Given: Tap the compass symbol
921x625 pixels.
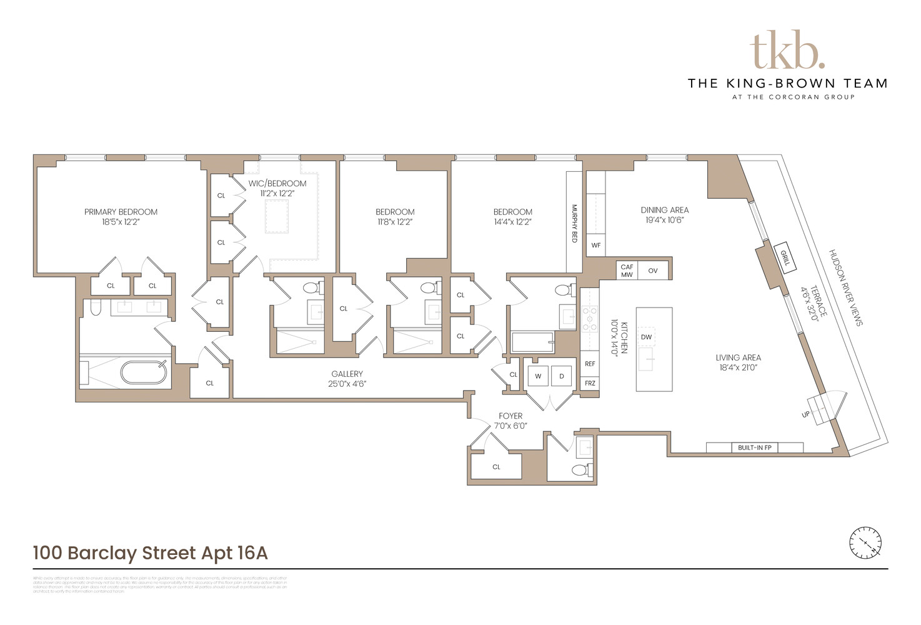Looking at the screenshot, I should tap(865, 542).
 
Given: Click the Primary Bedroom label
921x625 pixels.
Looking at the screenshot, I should tap(121, 212).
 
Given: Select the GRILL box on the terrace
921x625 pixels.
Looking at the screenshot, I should tap(785, 257).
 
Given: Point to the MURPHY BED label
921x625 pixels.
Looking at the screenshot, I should tap(574, 223).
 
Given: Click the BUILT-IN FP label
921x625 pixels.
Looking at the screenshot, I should tap(754, 447).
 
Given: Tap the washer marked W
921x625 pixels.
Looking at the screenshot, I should tap(538, 376).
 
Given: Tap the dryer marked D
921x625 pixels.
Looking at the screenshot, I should tap(562, 376).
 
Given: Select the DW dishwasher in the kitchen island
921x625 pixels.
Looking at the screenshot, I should tap(646, 337).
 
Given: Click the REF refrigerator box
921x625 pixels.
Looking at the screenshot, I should tap(590, 364).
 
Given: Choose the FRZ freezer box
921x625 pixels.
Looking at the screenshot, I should tap(590, 383).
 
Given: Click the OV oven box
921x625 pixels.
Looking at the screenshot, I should tap(653, 271).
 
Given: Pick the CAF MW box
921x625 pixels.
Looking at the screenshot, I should tap(627, 271).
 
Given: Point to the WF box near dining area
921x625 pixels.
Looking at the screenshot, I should tap(596, 245).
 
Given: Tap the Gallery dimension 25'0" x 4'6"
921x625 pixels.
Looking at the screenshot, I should tap(347, 384).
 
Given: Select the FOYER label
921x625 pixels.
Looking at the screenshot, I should tap(510, 416).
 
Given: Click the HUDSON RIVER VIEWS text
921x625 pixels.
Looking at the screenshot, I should tap(845, 287).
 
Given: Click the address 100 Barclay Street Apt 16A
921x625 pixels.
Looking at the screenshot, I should tap(151, 553).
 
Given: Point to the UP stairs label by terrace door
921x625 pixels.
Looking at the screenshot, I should tap(805, 414).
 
